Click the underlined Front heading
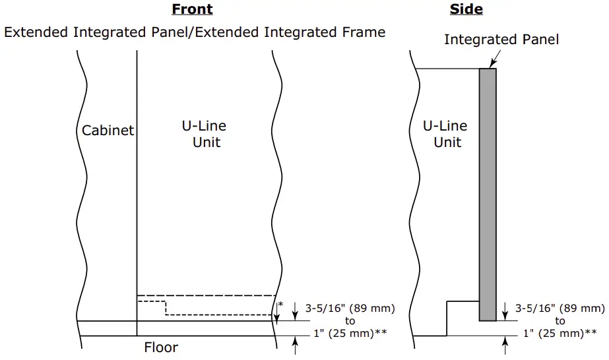[192, 9]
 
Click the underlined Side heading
[466, 9]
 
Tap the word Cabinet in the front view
[108, 131]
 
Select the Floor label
[161, 347]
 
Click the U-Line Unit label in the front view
[205, 133]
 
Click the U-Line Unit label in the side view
[445, 133]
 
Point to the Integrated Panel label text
[501, 40]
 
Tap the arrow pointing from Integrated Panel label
[490, 61]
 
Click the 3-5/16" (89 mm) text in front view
[350, 308]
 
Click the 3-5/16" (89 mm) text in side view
[560, 308]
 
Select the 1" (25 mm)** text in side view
[560, 334]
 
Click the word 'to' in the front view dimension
[350, 321]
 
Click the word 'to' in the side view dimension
[560, 321]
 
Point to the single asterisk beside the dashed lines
[280, 305]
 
